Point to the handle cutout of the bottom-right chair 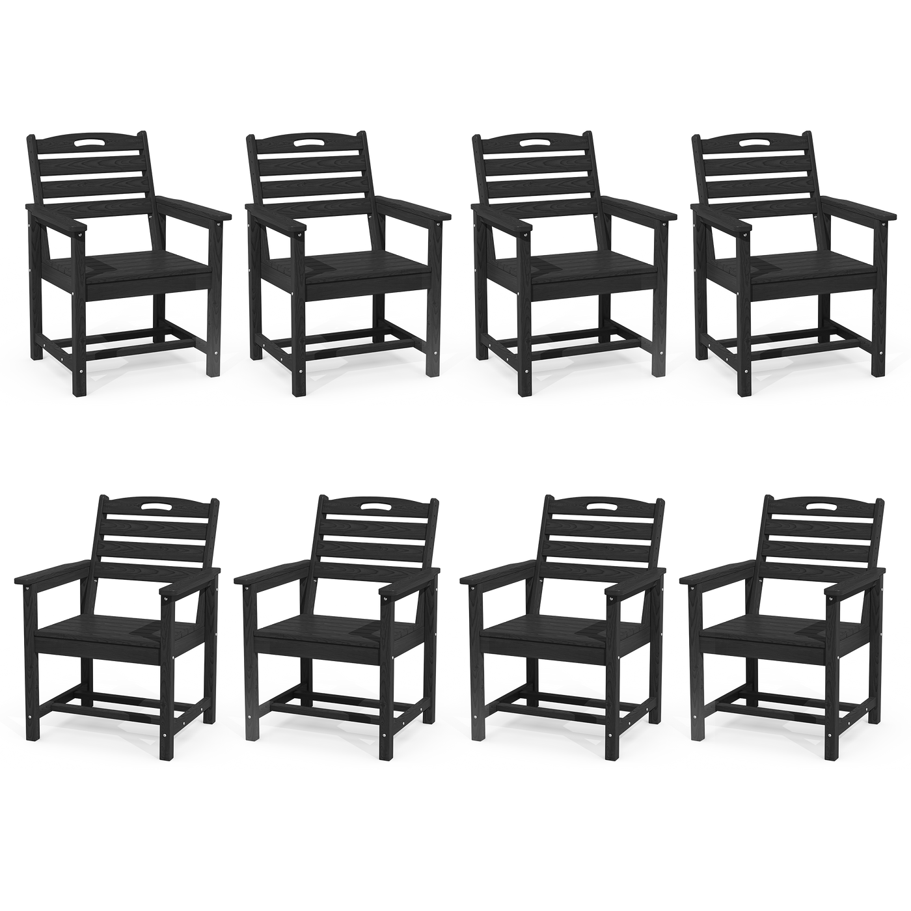coord(821,506)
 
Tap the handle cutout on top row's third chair coord(534,142)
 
